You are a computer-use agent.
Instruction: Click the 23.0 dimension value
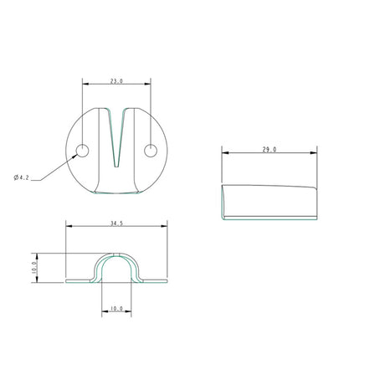point(116,82)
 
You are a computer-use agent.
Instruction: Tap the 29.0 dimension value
point(269,150)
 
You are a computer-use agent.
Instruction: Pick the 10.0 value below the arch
point(116,309)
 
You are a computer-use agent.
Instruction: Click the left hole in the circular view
point(82,151)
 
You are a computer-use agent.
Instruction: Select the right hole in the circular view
point(151,151)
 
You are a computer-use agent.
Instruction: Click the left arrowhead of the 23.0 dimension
point(84,82)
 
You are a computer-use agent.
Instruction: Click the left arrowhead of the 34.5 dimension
point(68,226)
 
